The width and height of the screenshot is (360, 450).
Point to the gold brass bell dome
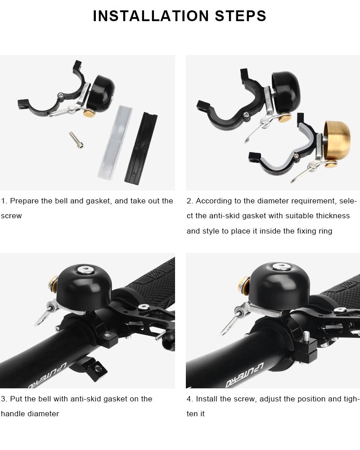337,139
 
